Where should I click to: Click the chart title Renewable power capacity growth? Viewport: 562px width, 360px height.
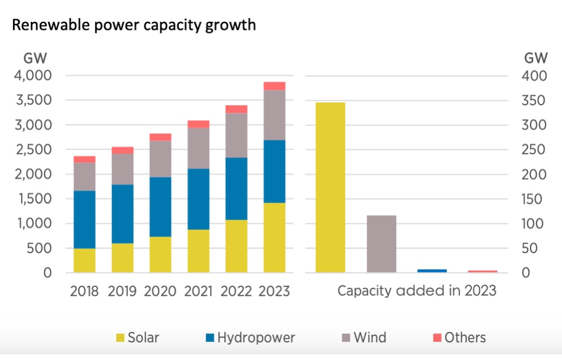[x=134, y=25]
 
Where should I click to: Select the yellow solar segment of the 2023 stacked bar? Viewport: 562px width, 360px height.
[x=274, y=238]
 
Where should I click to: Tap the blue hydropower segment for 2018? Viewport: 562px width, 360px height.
[x=85, y=219]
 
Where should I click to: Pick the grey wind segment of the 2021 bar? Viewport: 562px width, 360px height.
[x=198, y=148]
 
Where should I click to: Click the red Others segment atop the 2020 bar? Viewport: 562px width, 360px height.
[x=160, y=137]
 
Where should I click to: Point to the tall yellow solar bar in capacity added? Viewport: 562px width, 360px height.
[x=330, y=187]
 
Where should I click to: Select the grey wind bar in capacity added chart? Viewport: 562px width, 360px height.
[x=382, y=244]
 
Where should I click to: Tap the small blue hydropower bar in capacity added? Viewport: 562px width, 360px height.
[x=432, y=271]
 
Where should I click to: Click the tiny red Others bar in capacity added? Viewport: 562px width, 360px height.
[x=483, y=272]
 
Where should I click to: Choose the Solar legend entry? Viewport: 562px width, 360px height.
[x=138, y=337]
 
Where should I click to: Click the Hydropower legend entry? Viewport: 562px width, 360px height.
[x=251, y=337]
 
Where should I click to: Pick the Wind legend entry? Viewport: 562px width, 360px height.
[x=364, y=337]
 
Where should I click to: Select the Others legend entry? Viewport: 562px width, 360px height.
[x=460, y=337]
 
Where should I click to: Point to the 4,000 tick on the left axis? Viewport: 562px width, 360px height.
[x=33, y=76]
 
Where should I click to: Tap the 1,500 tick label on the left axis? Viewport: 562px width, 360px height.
[x=34, y=199]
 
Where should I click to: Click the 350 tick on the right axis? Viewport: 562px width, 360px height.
[x=533, y=100]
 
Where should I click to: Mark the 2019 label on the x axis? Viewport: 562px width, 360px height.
[x=122, y=291]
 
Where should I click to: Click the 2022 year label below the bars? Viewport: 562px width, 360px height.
[x=236, y=291]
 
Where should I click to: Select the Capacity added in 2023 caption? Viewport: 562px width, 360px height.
[x=417, y=291]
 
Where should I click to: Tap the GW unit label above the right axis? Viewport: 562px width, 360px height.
[x=536, y=58]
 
